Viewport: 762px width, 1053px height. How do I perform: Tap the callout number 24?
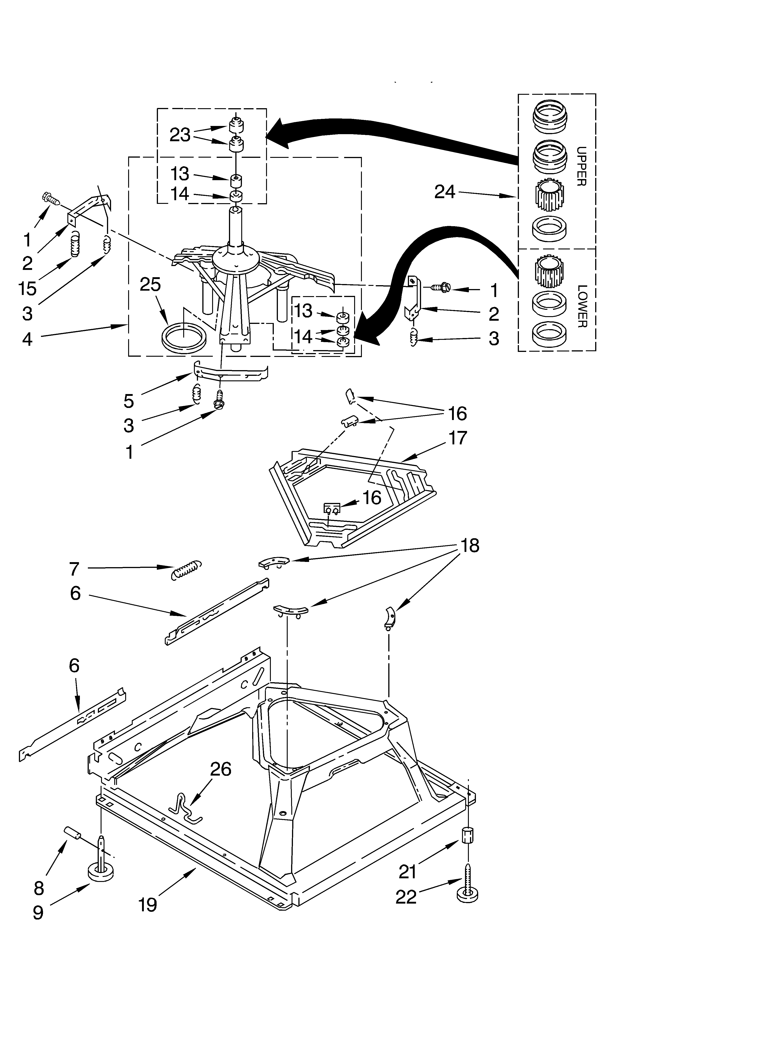pyautogui.click(x=444, y=192)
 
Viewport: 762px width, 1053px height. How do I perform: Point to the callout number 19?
pyautogui.click(x=147, y=904)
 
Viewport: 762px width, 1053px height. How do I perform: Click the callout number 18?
pyautogui.click(x=470, y=546)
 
